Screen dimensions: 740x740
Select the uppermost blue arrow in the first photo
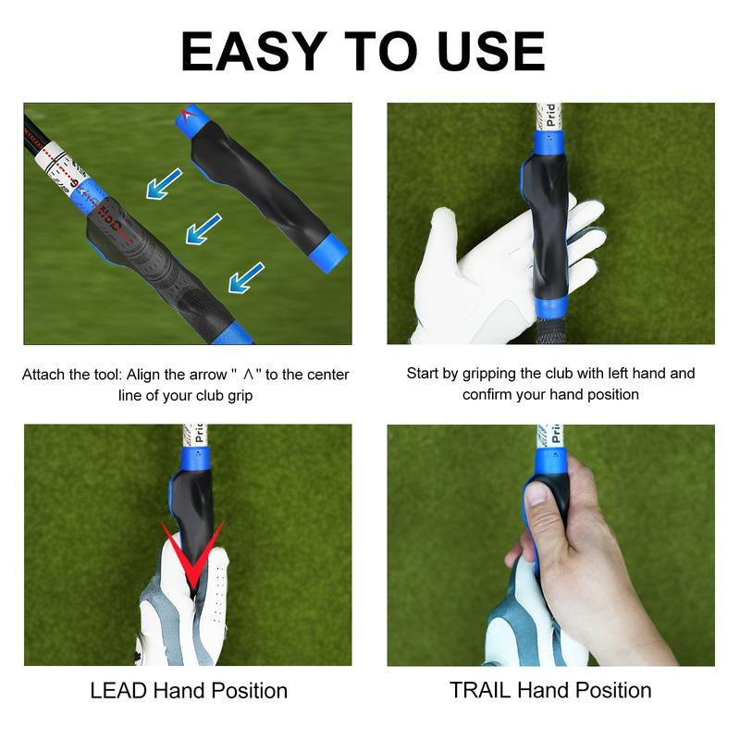[164, 184]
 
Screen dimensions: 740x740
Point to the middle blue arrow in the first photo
[203, 228]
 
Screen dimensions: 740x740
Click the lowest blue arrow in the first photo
[246, 277]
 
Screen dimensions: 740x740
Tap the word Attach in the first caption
[43, 376]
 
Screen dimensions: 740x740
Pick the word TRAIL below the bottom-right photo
[480, 691]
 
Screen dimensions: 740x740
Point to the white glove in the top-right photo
[462, 277]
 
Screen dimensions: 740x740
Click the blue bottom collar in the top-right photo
[550, 308]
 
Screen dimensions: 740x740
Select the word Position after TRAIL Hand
[610, 691]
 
